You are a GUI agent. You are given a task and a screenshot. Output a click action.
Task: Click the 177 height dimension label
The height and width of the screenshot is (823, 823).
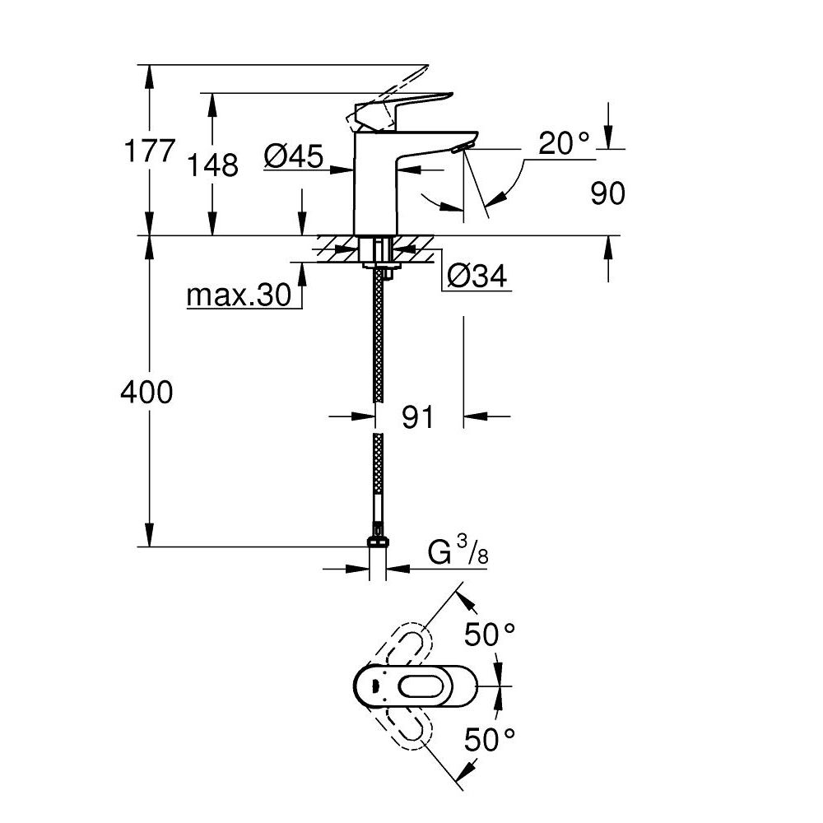pos(149,151)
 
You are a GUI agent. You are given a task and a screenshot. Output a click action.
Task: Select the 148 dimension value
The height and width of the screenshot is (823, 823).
pos(213,165)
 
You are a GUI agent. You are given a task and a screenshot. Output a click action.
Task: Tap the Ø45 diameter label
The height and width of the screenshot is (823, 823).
pos(294,156)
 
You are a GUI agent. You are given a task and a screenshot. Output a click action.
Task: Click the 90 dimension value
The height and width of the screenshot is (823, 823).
pos(607,193)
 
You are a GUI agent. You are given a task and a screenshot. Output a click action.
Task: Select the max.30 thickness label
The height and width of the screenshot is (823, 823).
pos(239,295)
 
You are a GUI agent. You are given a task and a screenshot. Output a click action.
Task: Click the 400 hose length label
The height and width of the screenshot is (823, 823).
pos(146,393)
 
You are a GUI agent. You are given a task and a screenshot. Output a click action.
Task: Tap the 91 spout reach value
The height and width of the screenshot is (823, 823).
pos(418,417)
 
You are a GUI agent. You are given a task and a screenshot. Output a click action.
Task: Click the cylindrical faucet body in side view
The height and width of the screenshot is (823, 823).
pos(375,189)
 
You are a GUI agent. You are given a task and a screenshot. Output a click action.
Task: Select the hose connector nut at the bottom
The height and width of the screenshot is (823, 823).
pos(377,541)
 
